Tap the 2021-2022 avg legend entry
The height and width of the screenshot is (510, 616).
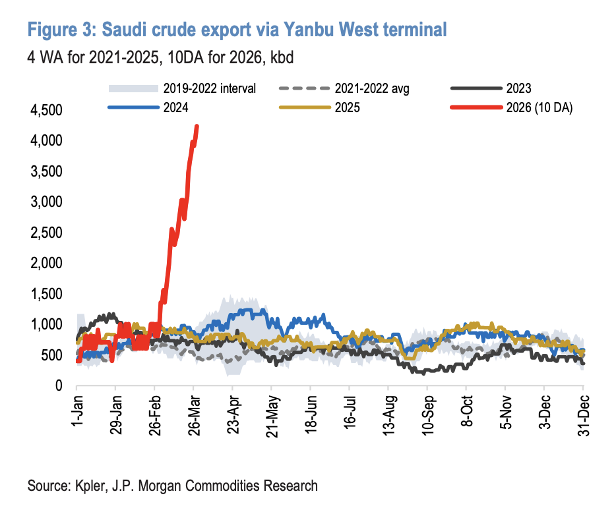coord(372,88)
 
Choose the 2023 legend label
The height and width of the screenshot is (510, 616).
coord(519,88)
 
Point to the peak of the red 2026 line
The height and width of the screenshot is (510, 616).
coord(197,127)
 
